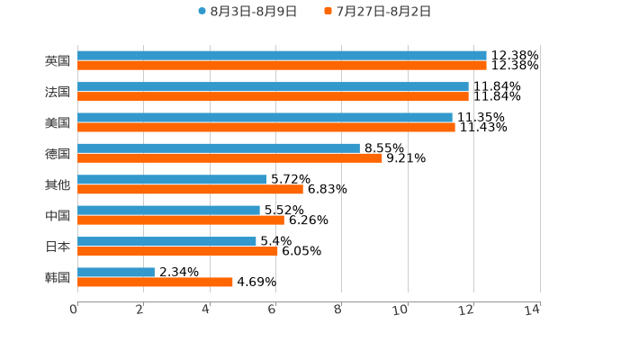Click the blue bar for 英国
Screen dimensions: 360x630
coord(282,56)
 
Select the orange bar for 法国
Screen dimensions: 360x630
coord(273,96)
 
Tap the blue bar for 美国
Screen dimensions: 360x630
coord(265,117)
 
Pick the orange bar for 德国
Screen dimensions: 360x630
coord(229,158)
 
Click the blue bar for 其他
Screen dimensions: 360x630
coord(172,179)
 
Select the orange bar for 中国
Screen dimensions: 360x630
coord(181,220)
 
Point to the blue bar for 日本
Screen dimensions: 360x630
coord(166,241)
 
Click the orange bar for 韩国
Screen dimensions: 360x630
coord(155,282)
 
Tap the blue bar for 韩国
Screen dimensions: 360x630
coord(116,272)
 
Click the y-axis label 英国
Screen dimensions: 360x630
coord(58,61)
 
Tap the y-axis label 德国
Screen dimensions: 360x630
coord(58,154)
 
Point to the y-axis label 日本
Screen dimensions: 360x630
coord(58,247)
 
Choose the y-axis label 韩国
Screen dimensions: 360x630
coord(58,277)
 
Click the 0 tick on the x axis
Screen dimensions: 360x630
coord(75,310)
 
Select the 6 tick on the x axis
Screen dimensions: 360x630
coord(272,310)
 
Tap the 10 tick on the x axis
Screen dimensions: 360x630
coord(401,310)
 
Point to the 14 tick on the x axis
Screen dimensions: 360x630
coord(533,310)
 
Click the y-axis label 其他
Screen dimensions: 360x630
coord(58,184)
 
